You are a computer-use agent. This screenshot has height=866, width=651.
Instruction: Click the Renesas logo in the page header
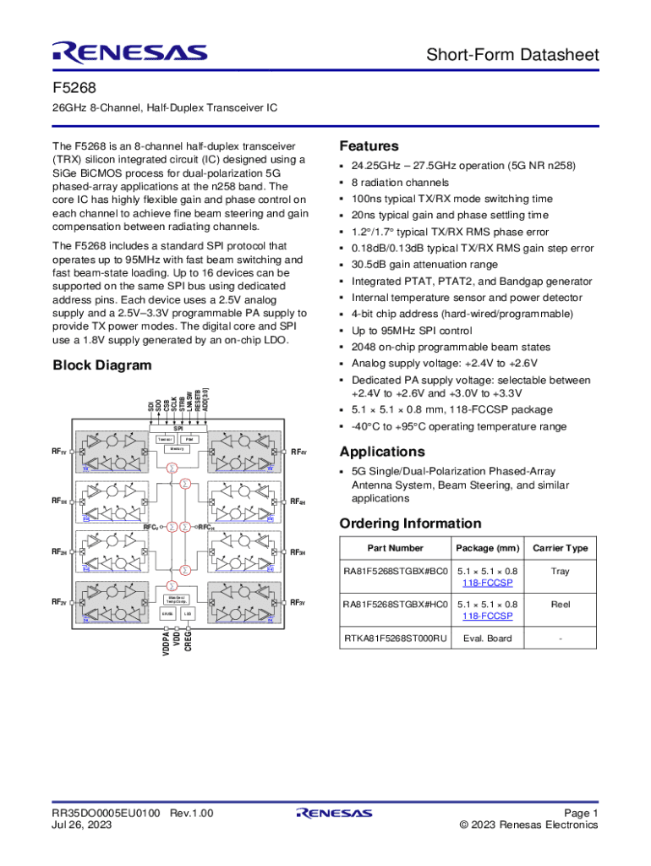tap(129, 52)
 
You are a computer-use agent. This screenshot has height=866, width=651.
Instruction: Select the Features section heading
tap(369, 145)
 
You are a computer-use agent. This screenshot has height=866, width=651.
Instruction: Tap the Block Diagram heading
tap(102, 365)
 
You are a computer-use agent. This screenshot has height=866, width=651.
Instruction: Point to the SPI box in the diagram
tap(178, 428)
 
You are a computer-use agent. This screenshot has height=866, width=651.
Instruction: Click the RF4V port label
tap(298, 452)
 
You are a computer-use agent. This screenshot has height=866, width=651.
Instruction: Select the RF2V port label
tap(58, 602)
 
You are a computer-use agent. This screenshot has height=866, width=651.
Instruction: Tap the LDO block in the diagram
tap(188, 612)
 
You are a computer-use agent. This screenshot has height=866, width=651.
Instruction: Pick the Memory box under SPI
tap(178, 449)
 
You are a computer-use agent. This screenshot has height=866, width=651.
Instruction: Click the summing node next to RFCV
tap(171, 527)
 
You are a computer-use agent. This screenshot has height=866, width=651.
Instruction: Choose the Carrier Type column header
tap(560, 548)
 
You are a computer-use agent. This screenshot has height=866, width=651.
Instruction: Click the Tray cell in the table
tap(560, 571)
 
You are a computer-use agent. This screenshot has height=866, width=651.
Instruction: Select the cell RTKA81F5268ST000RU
tap(394, 638)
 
